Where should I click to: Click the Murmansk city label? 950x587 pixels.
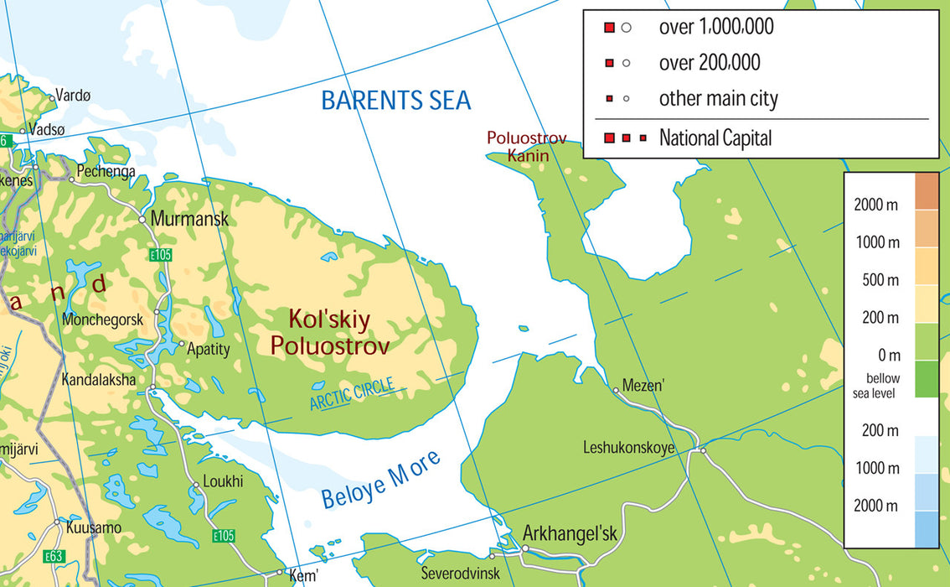click(188, 219)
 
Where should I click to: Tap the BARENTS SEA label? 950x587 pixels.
click(396, 101)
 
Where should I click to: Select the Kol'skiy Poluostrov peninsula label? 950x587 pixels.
click(329, 332)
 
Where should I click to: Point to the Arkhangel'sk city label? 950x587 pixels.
click(569, 533)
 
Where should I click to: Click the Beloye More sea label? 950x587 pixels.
click(381, 480)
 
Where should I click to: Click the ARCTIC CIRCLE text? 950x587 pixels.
click(352, 395)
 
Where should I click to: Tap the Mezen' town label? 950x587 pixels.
click(643, 387)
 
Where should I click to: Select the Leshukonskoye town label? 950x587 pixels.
click(628, 448)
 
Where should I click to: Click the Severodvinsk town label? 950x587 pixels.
click(460, 574)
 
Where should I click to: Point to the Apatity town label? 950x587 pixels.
click(208, 349)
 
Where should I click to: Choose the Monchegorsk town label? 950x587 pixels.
click(102, 319)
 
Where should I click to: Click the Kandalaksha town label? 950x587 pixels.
click(98, 380)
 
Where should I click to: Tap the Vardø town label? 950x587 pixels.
click(72, 96)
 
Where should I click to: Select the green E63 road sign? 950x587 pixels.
click(55, 555)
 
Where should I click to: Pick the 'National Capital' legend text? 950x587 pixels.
click(715, 138)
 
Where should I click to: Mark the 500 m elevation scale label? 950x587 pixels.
click(880, 280)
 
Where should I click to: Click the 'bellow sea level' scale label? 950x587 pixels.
click(883, 385)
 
